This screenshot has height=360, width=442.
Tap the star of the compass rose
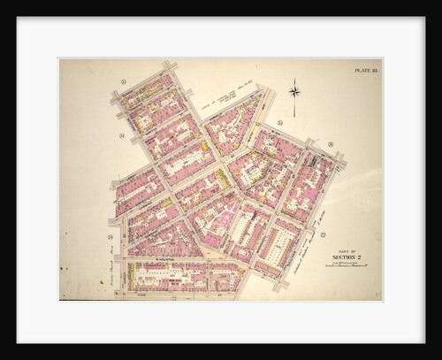pos(294,90)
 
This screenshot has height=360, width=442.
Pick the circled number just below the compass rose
pos(279,122)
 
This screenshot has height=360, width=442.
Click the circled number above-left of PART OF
pos(324,234)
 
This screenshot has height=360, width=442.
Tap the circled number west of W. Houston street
pos(110,237)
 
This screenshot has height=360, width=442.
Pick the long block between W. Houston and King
pos(181,276)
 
